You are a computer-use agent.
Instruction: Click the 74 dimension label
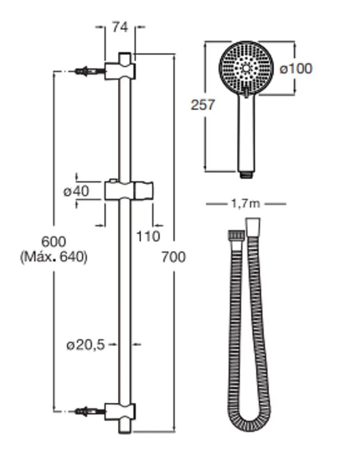coord(120,27)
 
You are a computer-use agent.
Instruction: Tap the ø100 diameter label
coord(296,69)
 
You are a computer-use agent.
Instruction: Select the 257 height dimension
coord(203,104)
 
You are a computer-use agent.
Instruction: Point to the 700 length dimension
coord(174,257)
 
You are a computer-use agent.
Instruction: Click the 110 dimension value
coord(148,236)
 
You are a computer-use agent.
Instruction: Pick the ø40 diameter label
coord(76,192)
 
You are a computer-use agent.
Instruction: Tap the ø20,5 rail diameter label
coord(86,345)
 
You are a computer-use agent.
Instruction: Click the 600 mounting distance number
coord(54,242)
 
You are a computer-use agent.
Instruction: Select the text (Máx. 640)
coord(54,257)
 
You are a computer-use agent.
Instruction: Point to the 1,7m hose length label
coord(246,204)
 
